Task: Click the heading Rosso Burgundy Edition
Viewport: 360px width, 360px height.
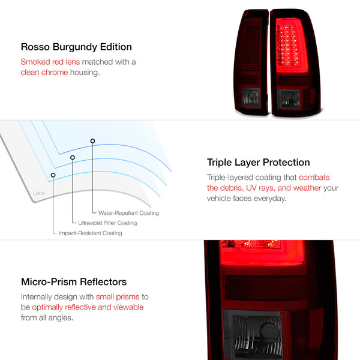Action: coord(76,47)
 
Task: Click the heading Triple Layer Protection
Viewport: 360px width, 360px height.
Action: coord(258,163)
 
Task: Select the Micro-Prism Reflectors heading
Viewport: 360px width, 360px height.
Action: coord(74,282)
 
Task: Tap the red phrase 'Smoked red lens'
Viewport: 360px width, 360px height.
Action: coord(49,62)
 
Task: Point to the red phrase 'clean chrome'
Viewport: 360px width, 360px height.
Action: coord(43,73)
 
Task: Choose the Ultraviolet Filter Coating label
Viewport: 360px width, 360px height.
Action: coord(107,223)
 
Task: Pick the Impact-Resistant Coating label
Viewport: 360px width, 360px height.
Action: coord(91,233)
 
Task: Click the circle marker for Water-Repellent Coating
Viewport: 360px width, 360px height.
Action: coord(92,141)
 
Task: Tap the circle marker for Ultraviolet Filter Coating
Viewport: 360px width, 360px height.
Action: coord(73,158)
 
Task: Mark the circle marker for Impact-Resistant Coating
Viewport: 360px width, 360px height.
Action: coord(53,175)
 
